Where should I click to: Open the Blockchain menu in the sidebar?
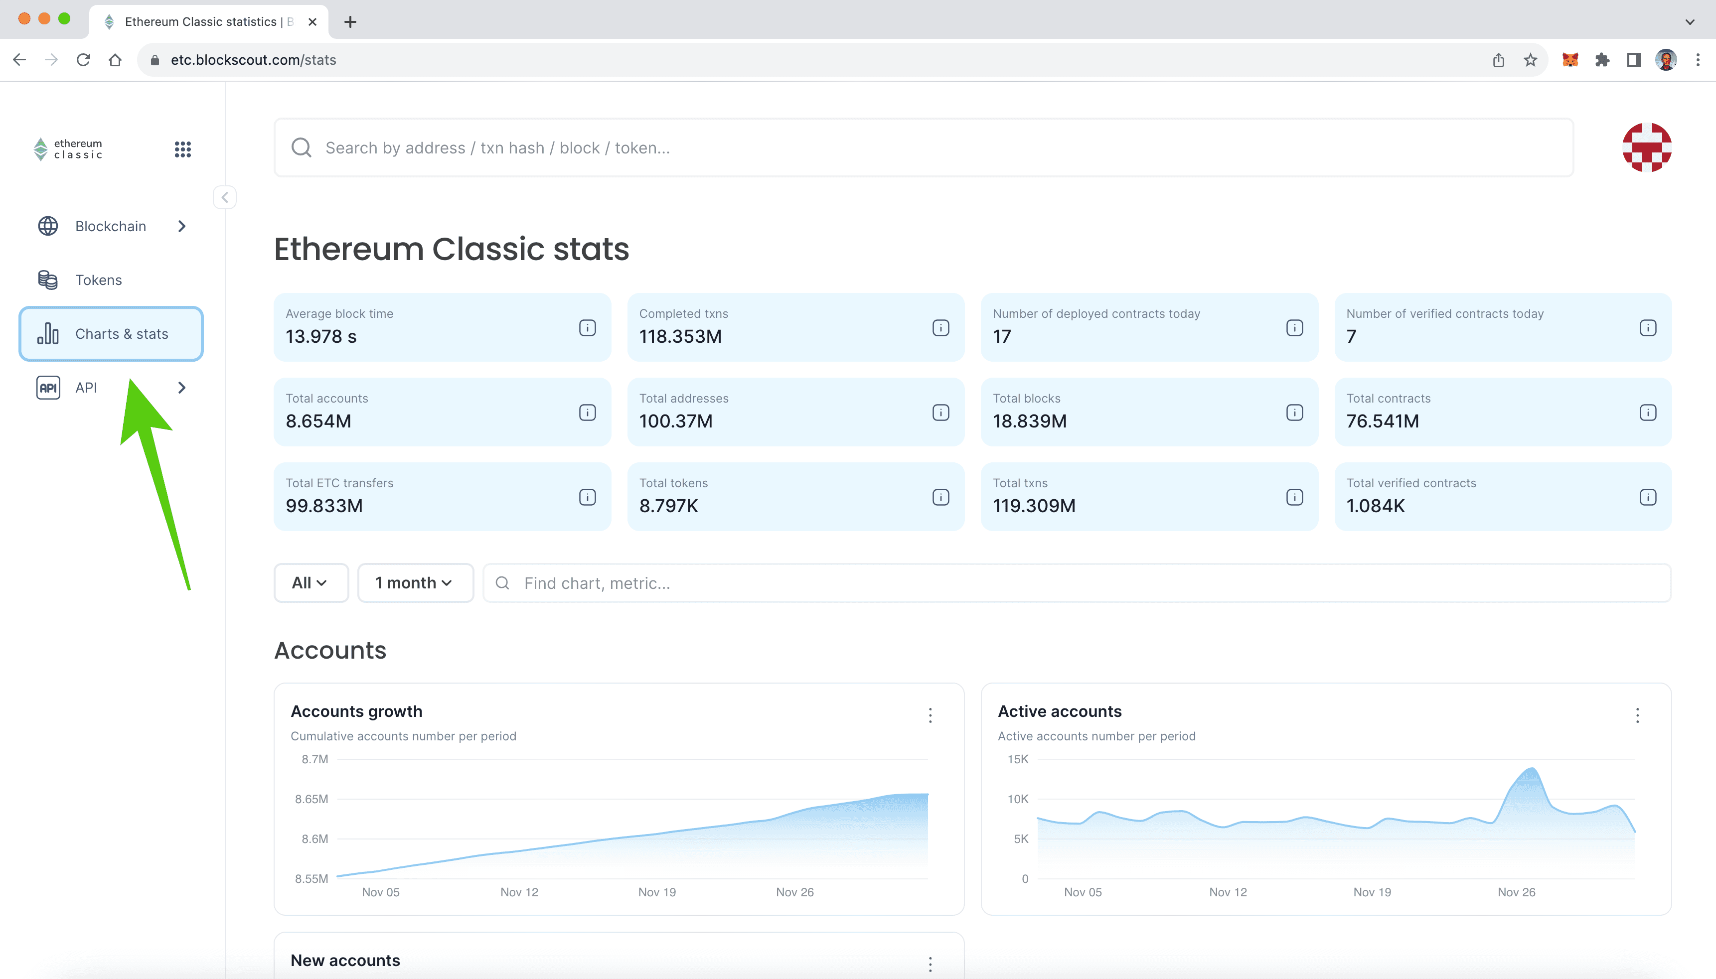pos(111,226)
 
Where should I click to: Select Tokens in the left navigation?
pos(98,280)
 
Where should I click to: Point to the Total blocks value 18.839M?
pos(1030,421)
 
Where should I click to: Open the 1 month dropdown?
pos(414,583)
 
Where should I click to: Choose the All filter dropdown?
pos(310,583)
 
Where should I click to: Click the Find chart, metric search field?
pos(1076,583)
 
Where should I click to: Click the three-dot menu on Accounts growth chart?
pos(930,715)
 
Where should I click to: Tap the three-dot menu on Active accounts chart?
pos(1637,715)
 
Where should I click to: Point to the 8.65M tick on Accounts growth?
pos(312,799)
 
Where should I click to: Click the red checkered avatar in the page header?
pos(1646,147)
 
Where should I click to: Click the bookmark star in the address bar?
pos(1531,60)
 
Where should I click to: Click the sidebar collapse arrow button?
pos(225,197)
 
